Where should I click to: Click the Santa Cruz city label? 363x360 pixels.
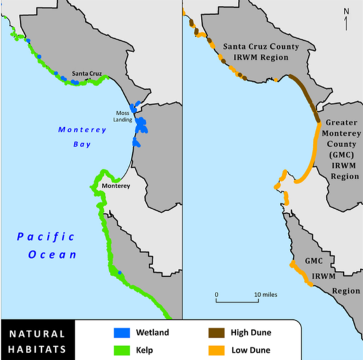pyautogui.click(x=86, y=73)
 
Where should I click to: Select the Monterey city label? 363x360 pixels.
pyautogui.click(x=115, y=186)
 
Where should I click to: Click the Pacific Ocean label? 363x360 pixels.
pyautogui.click(x=46, y=246)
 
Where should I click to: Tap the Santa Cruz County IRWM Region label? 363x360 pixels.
pyautogui.click(x=256, y=51)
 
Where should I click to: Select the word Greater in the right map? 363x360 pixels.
pyautogui.click(x=343, y=122)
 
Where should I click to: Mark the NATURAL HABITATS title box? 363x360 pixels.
pyautogui.click(x=37, y=341)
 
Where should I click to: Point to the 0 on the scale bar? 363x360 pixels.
pyautogui.click(x=216, y=294)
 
